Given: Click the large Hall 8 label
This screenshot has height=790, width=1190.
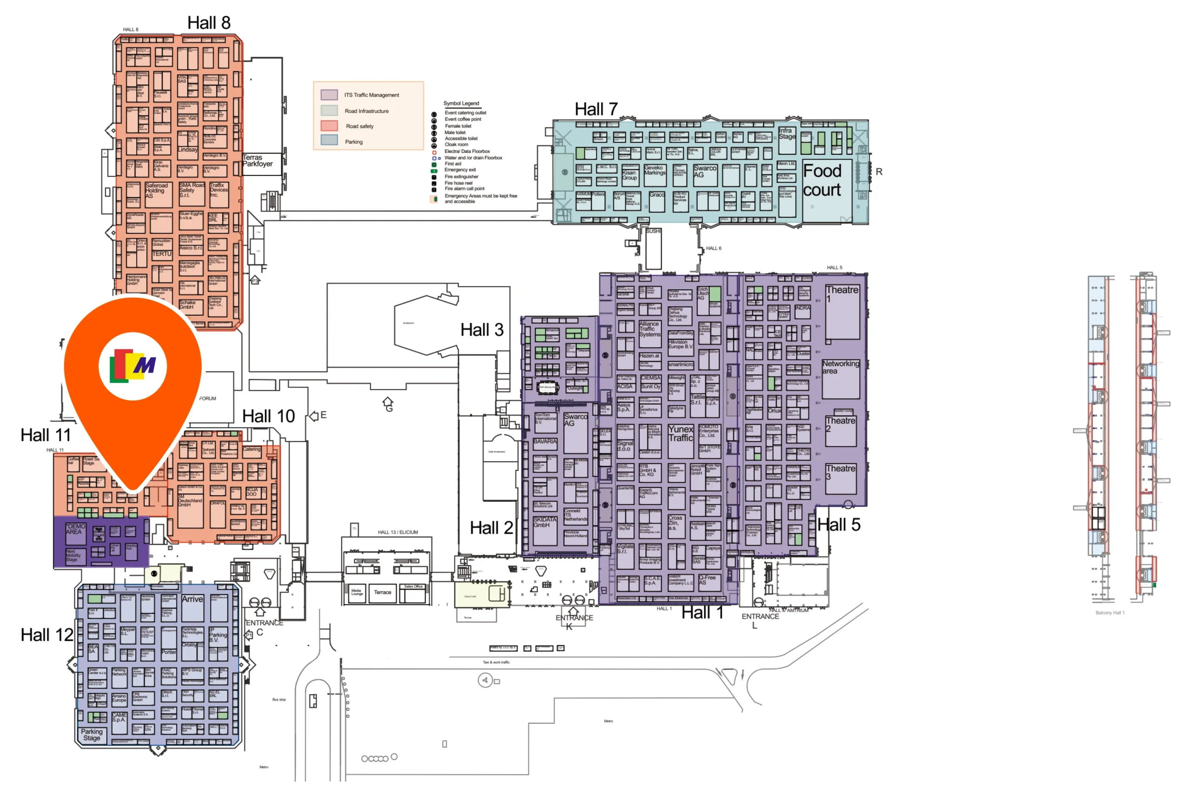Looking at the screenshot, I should [x=209, y=23].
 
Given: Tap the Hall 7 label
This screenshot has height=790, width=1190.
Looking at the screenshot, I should [x=596, y=109].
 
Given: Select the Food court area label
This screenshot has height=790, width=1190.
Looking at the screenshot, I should [x=821, y=180].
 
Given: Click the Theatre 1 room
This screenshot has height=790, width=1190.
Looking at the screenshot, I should [x=842, y=312].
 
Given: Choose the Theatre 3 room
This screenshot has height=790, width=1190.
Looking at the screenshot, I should [x=840, y=478].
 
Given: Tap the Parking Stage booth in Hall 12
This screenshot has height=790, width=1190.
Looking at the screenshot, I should [x=92, y=735].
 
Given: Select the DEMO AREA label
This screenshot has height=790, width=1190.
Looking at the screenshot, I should [x=74, y=529].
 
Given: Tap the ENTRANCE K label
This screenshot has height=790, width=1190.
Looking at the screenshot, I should [x=574, y=622].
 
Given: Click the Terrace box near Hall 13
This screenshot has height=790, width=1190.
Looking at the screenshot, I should [x=382, y=592].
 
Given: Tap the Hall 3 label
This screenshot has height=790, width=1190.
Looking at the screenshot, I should [x=482, y=330].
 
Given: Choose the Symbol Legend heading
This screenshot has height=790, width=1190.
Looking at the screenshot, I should [x=461, y=103].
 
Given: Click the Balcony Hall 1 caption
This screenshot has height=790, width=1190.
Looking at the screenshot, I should [x=1110, y=613].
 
